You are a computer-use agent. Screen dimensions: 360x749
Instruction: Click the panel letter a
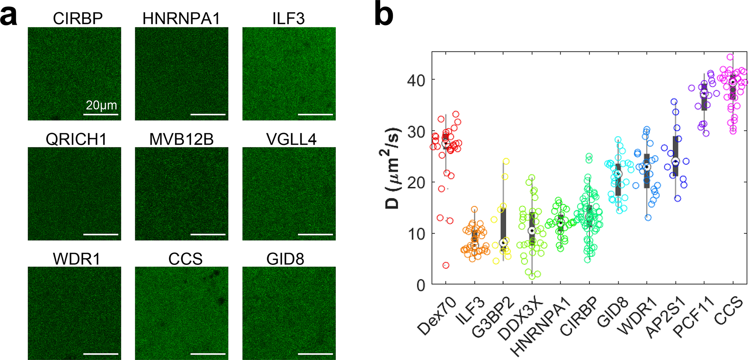pos(9,16)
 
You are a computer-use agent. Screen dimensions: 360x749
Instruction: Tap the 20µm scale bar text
pos(101,105)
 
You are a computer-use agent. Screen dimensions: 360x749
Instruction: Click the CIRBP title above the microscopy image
pos(78,19)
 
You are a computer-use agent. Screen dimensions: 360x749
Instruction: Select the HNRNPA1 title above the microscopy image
pos(181,19)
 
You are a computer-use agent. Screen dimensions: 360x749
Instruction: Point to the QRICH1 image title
pos(76,139)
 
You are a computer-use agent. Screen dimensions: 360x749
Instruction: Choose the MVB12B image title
pos(181,139)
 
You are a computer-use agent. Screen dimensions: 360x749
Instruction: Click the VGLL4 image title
pos(291,139)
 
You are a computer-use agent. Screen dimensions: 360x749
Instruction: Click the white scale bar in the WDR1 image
pos(101,354)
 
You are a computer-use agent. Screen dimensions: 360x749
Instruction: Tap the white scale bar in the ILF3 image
pos(315,114)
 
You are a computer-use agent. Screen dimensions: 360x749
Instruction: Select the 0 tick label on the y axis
pos(421,286)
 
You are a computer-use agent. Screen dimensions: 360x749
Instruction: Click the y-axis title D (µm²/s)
pos(392,168)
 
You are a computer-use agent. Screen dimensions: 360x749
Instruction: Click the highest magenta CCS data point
pos(730,57)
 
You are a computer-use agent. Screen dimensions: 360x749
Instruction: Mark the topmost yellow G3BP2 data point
pos(506,161)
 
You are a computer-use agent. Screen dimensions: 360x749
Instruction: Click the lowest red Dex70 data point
pos(446,265)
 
